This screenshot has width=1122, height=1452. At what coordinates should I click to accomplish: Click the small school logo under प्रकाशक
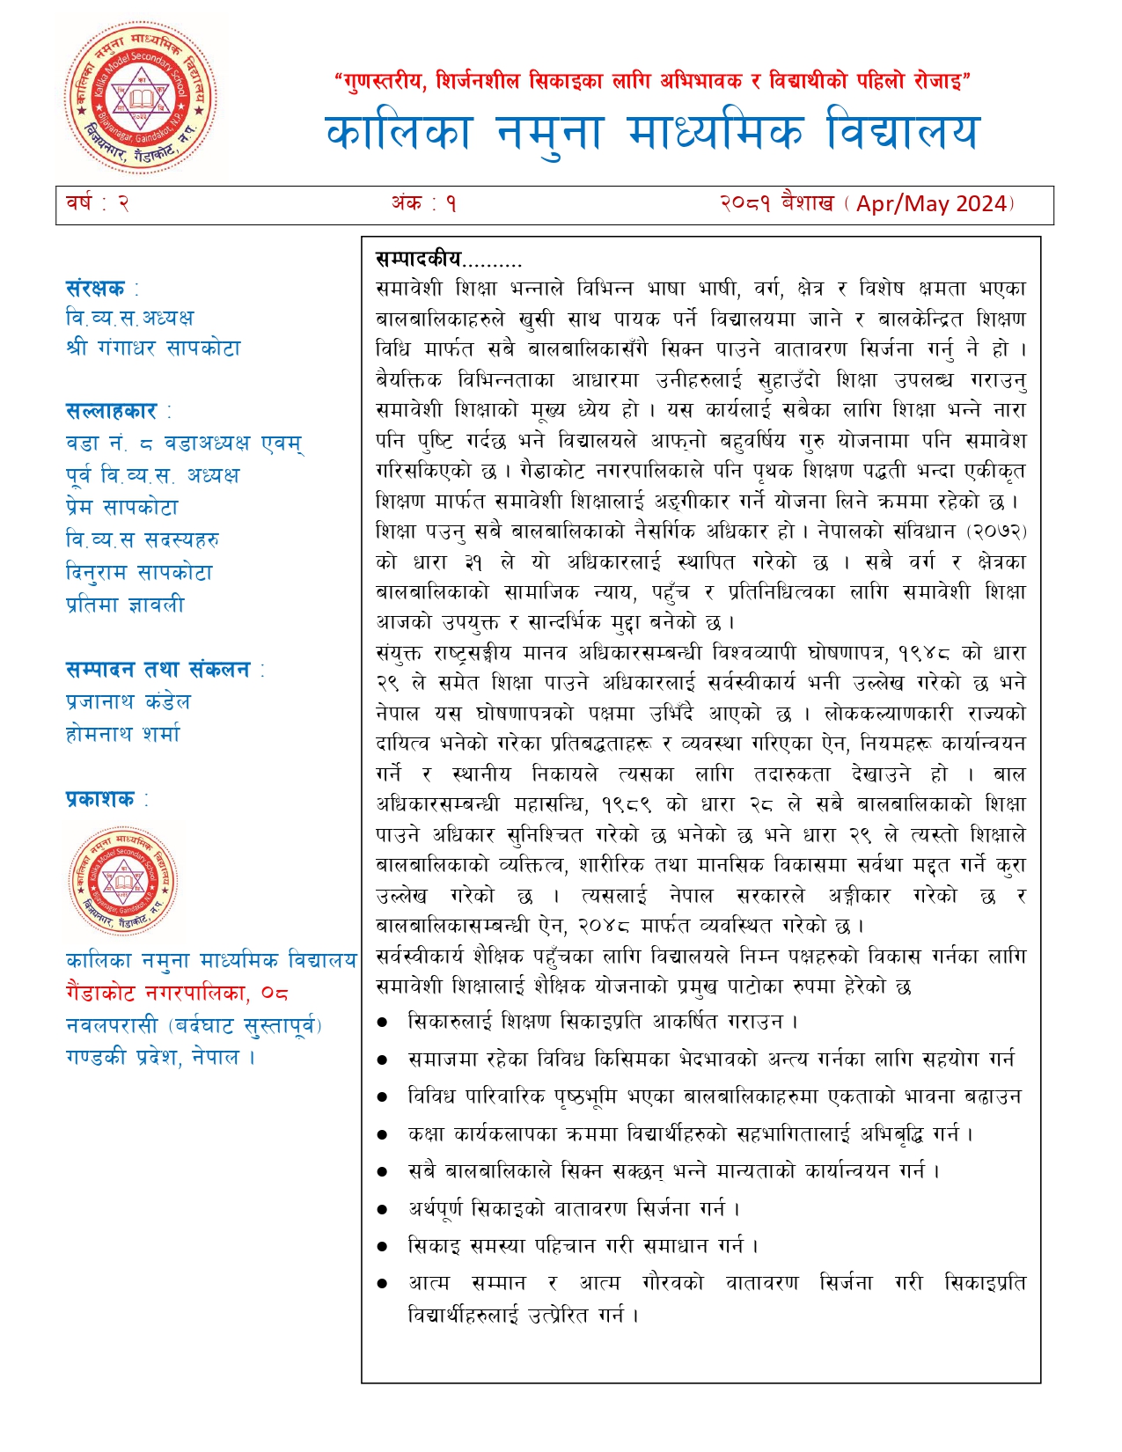[x=123, y=881]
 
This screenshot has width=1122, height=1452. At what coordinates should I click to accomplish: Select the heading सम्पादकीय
[x=419, y=259]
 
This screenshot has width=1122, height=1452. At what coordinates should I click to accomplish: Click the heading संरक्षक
[x=96, y=289]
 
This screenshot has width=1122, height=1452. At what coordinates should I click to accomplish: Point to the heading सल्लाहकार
[x=112, y=411]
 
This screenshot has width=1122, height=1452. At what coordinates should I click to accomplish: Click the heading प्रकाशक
[x=100, y=799]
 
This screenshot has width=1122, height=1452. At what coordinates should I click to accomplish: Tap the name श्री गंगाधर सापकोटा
[x=153, y=348]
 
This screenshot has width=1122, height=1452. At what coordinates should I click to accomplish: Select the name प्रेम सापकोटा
[x=122, y=508]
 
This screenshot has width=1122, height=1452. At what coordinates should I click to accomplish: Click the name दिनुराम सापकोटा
[x=139, y=573]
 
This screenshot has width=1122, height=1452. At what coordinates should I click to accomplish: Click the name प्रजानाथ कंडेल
[x=128, y=702]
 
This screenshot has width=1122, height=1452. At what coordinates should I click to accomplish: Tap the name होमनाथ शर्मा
[x=123, y=734]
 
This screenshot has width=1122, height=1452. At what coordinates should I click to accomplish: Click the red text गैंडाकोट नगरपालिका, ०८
[x=177, y=994]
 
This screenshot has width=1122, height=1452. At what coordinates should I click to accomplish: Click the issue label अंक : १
[x=424, y=204]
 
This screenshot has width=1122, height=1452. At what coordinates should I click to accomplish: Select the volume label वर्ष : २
[x=98, y=203]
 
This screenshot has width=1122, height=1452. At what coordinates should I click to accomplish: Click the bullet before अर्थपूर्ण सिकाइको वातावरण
[x=382, y=1210]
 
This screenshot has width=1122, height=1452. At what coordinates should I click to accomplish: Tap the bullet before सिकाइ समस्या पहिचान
[x=382, y=1247]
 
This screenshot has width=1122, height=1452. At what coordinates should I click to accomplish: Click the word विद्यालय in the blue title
[x=902, y=133]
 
